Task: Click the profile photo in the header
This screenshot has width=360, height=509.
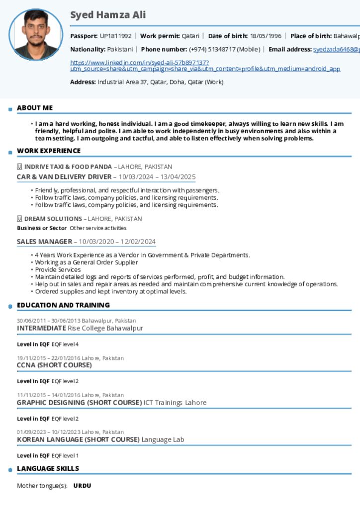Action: (36, 34)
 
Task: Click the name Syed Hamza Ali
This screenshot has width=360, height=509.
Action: (108, 15)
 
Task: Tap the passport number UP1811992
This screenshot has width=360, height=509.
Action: (115, 36)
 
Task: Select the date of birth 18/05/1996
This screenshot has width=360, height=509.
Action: (266, 36)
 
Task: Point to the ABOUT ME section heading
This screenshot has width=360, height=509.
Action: (35, 108)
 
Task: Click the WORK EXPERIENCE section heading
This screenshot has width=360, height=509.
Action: (49, 151)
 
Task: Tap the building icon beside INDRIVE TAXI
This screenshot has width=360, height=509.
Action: (20, 167)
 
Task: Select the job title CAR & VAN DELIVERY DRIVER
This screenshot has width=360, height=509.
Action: (64, 176)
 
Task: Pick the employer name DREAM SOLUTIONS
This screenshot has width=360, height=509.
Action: (53, 219)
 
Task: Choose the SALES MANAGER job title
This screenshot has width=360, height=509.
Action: (45, 242)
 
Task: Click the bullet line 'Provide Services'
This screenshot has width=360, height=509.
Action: (58, 269)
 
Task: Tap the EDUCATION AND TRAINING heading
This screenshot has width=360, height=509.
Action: (63, 305)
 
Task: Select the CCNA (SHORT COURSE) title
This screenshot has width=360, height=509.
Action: (54, 365)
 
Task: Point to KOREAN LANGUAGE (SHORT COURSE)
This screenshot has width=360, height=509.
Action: (78, 439)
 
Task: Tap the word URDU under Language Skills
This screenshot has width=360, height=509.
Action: (82, 486)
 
